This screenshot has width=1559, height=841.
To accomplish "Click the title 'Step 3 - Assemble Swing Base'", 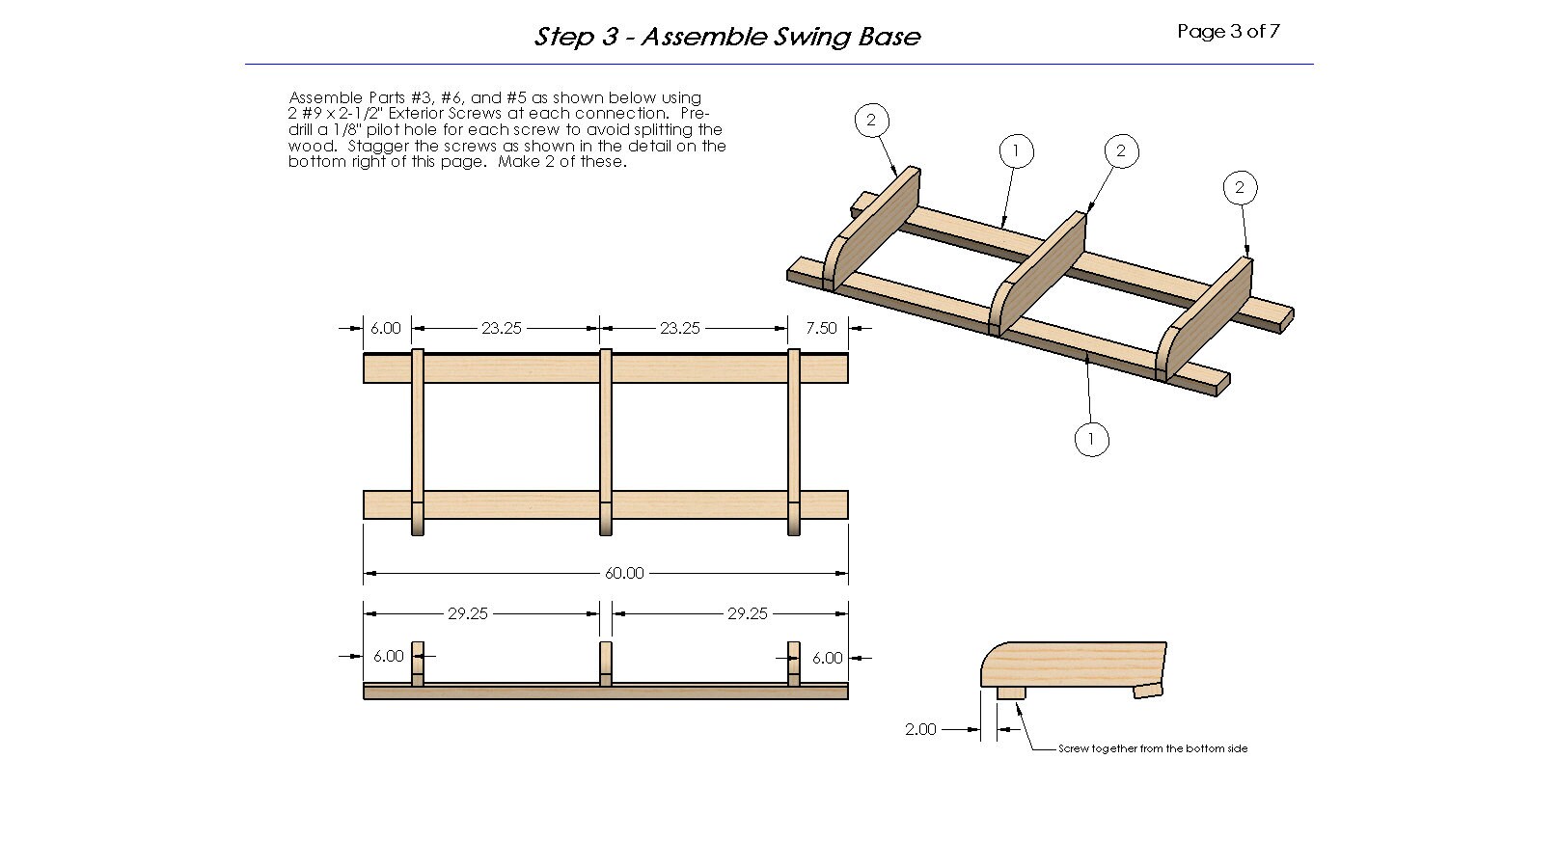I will click(x=727, y=37).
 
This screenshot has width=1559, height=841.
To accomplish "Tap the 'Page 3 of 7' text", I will click(x=1228, y=31).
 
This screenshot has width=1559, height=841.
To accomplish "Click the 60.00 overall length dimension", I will click(x=623, y=573).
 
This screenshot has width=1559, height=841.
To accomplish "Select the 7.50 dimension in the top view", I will click(x=821, y=328).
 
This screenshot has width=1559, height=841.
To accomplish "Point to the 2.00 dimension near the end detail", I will click(x=920, y=729).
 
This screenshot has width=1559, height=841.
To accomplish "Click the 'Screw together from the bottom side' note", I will click(x=1152, y=748).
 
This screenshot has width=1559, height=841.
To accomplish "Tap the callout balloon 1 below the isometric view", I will click(x=1091, y=439).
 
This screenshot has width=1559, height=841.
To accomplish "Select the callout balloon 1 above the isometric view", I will click(x=1015, y=150).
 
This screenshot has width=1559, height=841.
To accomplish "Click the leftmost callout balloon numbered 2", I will click(x=871, y=120).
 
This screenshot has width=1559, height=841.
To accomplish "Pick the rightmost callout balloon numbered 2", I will click(x=1240, y=187).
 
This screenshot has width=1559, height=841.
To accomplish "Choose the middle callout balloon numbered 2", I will click(x=1120, y=150).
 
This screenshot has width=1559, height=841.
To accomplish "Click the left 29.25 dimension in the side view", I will click(x=467, y=613).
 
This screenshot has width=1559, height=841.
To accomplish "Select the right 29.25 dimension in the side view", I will click(x=747, y=613).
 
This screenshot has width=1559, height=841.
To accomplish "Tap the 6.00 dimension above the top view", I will click(x=385, y=328).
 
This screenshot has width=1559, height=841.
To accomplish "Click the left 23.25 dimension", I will click(x=501, y=328).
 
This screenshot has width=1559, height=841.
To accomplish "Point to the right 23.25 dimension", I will click(x=679, y=328).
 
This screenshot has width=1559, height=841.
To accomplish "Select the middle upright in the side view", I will click(x=605, y=663).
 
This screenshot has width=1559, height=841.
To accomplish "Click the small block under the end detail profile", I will click(x=1011, y=692).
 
